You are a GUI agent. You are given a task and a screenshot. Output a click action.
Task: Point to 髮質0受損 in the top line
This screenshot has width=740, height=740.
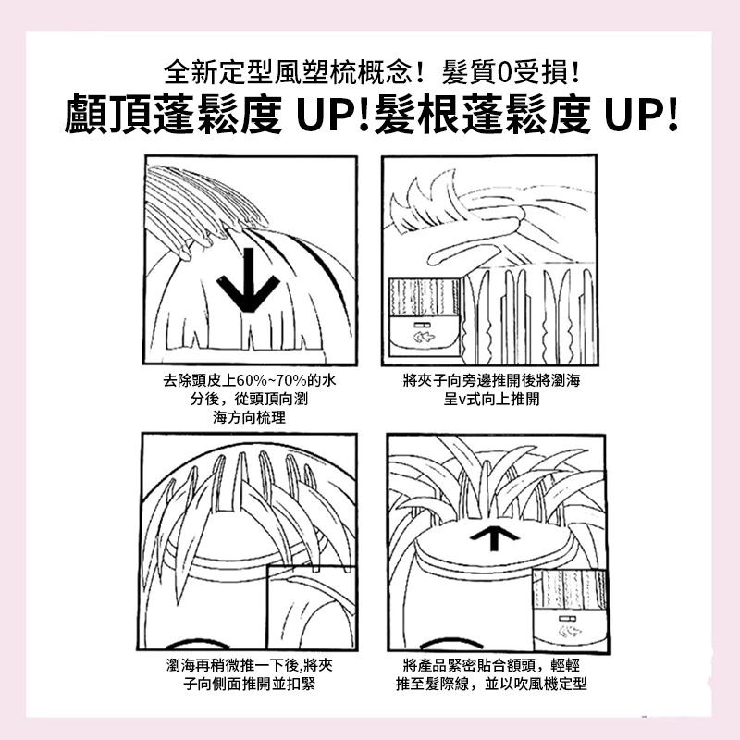point(512,70)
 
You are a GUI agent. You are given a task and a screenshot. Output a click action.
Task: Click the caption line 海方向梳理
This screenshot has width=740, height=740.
point(249,418)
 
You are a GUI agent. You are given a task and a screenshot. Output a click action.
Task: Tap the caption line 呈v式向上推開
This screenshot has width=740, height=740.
point(490,400)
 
